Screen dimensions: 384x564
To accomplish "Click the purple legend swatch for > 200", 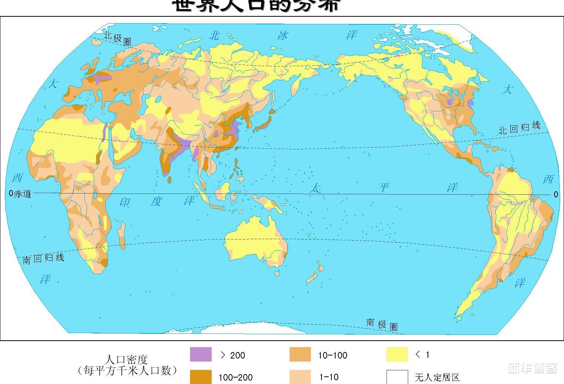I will [201, 354].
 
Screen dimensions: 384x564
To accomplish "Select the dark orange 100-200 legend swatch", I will [201, 376].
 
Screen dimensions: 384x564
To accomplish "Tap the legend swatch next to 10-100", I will [300, 354].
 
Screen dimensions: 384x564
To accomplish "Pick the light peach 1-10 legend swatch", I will [300, 376].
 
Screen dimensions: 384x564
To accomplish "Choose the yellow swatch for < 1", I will [397, 354].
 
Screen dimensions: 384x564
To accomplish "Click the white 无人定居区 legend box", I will [397, 376].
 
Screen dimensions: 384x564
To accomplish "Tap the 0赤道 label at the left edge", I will [20, 194].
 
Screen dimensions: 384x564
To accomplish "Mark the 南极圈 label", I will [382, 324].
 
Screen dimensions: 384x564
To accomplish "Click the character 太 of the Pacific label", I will [314, 188].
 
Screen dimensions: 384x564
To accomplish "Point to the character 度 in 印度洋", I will [156, 201].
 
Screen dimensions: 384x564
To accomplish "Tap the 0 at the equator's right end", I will [556, 194].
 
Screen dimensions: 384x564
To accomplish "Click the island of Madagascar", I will [122, 231].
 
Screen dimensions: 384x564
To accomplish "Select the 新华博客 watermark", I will [532, 368].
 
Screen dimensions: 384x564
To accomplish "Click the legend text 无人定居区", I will [437, 377].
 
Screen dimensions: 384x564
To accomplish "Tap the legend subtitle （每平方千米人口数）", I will [127, 370].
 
